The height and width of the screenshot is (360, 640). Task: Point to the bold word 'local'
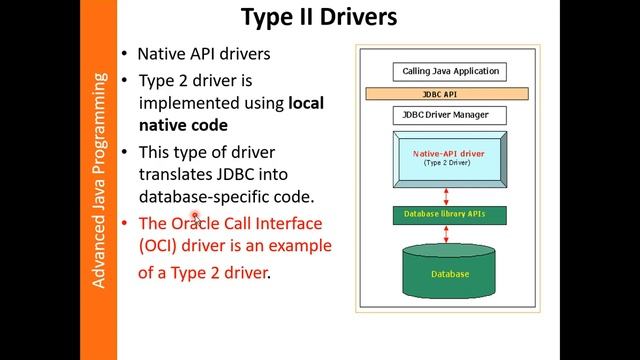306,102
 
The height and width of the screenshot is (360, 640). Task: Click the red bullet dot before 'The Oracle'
124,222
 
